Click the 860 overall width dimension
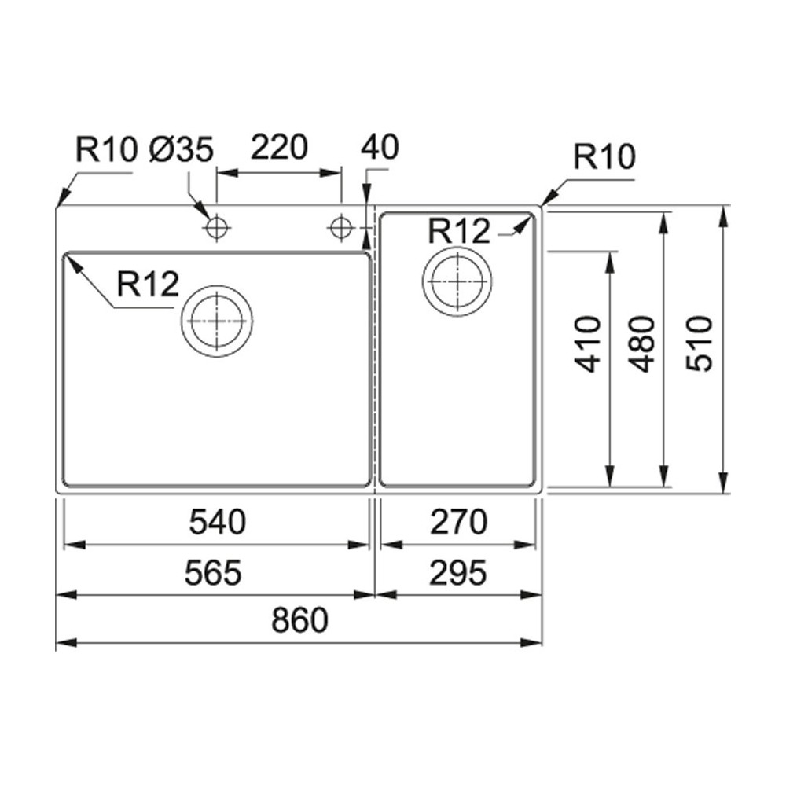(x=299, y=621)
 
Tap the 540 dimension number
(x=217, y=522)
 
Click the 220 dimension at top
(x=278, y=147)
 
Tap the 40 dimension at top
(x=380, y=147)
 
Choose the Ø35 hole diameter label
(x=182, y=149)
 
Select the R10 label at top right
(x=604, y=158)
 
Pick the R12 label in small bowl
(x=460, y=231)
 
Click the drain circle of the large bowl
(x=217, y=321)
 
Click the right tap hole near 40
(x=341, y=228)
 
